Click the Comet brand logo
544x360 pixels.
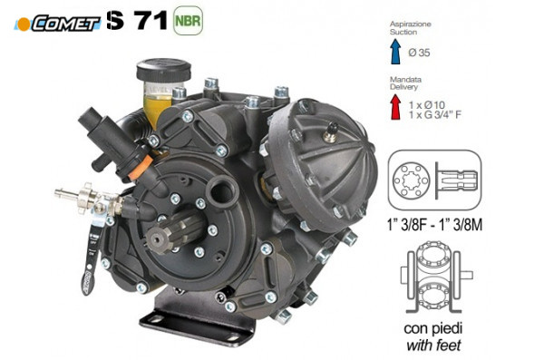point(58,23)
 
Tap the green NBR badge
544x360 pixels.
point(188,21)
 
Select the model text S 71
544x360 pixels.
point(137,20)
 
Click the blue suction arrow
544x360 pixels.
point(395,52)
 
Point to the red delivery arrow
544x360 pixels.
point(395,107)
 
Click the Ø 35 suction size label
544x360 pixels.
point(419,53)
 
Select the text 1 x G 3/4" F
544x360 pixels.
point(435,114)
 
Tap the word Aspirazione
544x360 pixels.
point(411,24)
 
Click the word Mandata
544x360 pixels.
point(405,80)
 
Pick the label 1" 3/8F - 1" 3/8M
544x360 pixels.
point(434,225)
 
